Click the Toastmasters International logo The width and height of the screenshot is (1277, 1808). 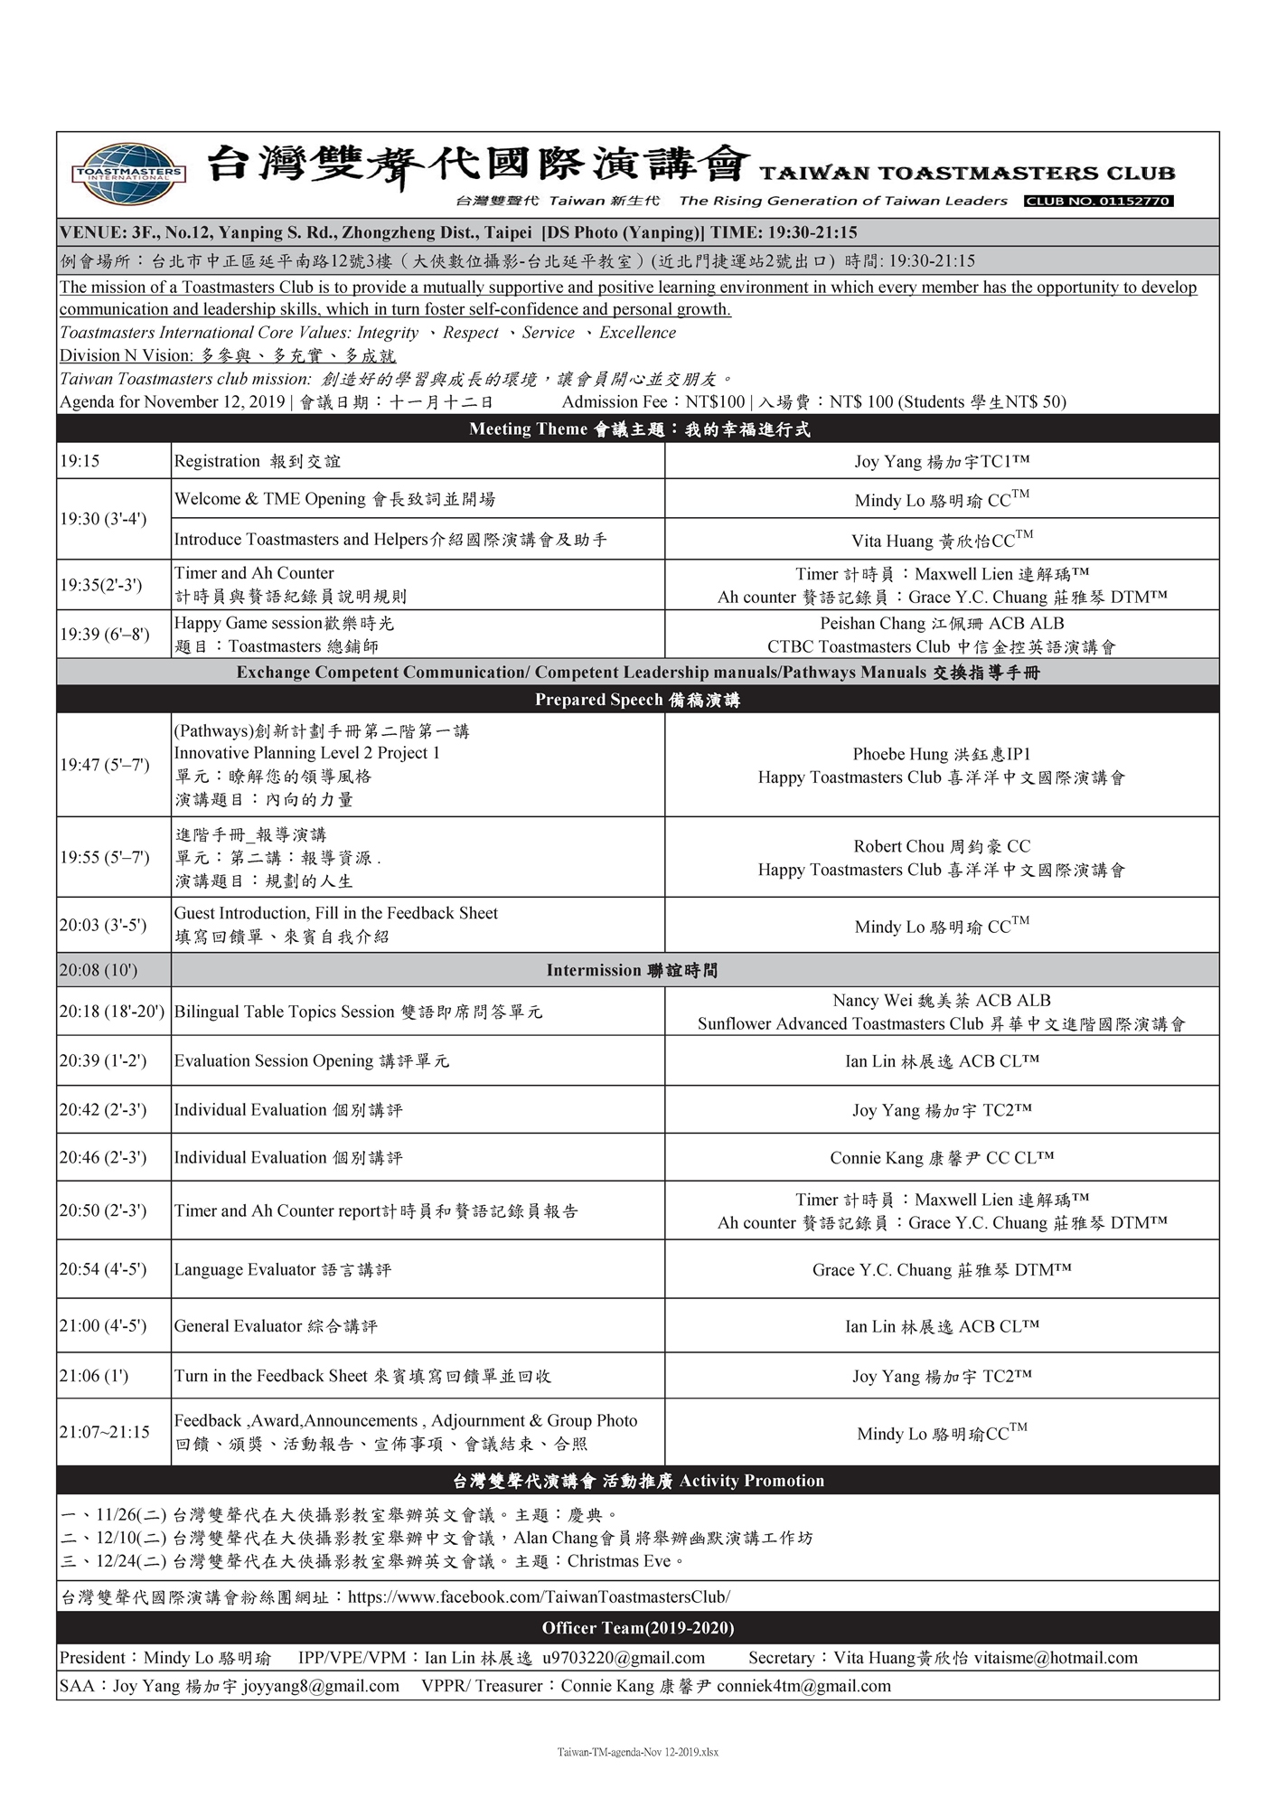[x=128, y=172]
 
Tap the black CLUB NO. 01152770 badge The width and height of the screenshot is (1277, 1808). [x=1098, y=201]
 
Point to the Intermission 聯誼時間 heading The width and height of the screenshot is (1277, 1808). [x=632, y=970]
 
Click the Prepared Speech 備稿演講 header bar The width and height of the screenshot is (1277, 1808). [x=637, y=700]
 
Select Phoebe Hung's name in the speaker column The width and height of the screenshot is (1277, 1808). [x=942, y=754]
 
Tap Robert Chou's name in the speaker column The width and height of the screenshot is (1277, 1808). [x=942, y=846]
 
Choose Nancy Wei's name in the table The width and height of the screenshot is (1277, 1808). [x=942, y=1000]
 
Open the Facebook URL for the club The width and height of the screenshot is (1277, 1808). [x=539, y=1597]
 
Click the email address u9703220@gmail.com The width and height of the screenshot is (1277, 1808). [x=624, y=1658]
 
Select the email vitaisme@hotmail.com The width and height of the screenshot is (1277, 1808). [x=1056, y=1658]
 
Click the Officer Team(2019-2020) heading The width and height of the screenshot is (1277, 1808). [x=637, y=1628]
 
